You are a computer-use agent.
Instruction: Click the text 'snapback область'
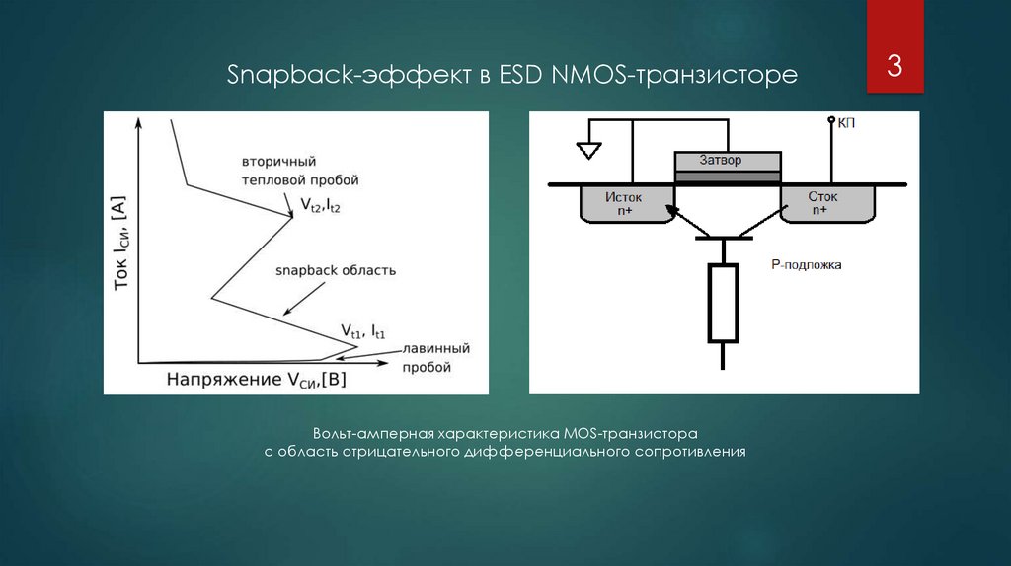[336, 269]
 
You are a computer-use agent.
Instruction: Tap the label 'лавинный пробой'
[434, 357]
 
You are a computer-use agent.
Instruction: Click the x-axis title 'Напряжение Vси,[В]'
[263, 379]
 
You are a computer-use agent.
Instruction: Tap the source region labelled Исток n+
[624, 202]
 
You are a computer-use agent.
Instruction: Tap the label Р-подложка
[806, 264]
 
